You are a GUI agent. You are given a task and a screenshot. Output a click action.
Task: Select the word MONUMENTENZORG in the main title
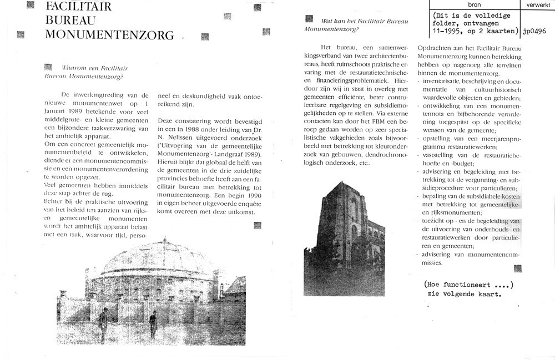109,36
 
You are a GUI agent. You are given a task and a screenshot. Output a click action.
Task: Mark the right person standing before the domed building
153,324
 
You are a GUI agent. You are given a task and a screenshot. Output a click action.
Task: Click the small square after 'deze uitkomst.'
258,225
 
